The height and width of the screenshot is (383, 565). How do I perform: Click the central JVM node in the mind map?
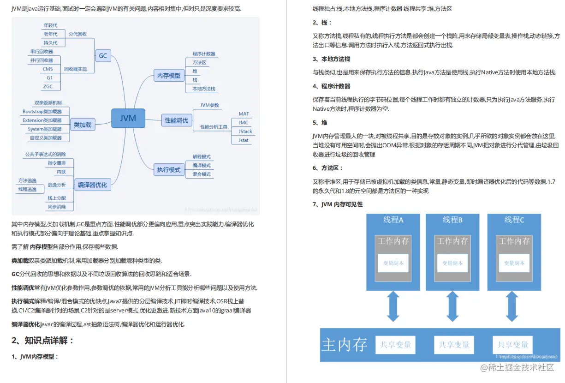(128, 118)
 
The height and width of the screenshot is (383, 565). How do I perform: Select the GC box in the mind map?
(102, 56)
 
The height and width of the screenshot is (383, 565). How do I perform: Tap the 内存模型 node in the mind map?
(169, 75)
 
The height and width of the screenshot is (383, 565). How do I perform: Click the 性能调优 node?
(177, 120)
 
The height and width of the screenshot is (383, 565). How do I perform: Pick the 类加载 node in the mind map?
(83, 124)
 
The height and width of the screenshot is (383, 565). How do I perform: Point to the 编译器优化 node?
(92, 185)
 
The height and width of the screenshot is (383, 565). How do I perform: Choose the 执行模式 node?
(169, 170)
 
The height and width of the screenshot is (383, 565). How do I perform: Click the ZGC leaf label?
(48, 86)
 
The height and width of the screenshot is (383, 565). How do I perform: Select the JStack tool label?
(245, 132)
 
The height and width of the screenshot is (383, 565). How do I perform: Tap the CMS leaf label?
(48, 69)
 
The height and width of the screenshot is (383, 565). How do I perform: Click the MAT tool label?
(244, 114)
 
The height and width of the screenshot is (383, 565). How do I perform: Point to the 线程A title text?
(393, 220)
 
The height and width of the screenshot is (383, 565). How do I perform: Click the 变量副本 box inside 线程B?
(452, 263)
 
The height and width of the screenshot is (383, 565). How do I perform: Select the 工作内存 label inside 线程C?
(515, 241)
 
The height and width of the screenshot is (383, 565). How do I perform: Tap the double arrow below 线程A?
(393, 306)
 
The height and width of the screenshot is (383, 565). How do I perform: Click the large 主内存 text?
(344, 345)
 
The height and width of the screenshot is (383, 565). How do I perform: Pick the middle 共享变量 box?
(454, 345)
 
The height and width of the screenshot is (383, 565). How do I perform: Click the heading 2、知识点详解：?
(43, 341)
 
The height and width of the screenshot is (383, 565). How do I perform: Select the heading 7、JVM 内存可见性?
(338, 204)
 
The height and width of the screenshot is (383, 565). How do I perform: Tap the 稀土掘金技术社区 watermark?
(517, 368)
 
